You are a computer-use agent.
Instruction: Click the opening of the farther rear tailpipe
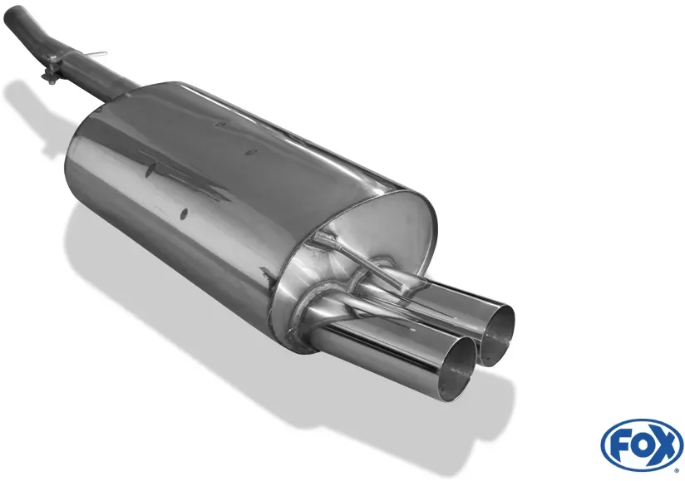(497, 335)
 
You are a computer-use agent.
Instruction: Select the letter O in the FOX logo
(641, 444)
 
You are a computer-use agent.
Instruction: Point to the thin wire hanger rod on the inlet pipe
(97, 55)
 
